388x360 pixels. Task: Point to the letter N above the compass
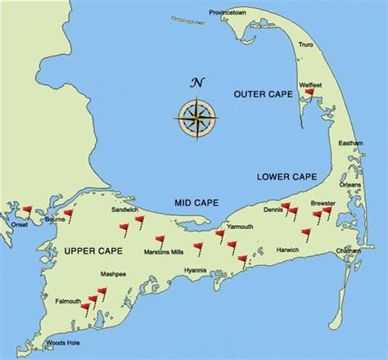[x=196, y=82]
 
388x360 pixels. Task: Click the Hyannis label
[x=196, y=270]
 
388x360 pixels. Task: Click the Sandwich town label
[x=124, y=210]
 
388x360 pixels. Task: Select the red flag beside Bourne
[x=69, y=214]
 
